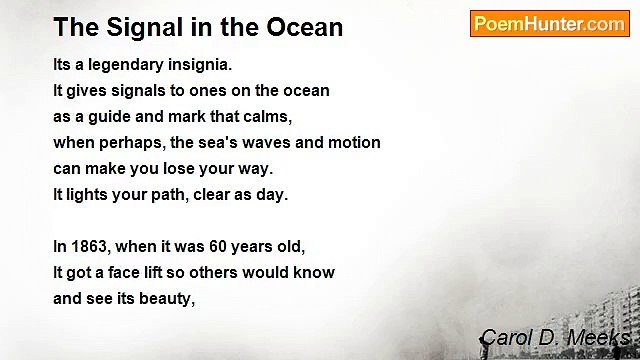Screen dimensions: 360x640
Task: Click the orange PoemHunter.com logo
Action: pyautogui.click(x=549, y=24)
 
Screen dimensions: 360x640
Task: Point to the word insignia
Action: pyautogui.click(x=200, y=65)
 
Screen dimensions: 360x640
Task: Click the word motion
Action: pyautogui.click(x=354, y=143)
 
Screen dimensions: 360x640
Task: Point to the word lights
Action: pyautogui.click(x=86, y=195)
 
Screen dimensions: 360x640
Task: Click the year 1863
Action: pyautogui.click(x=91, y=246)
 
